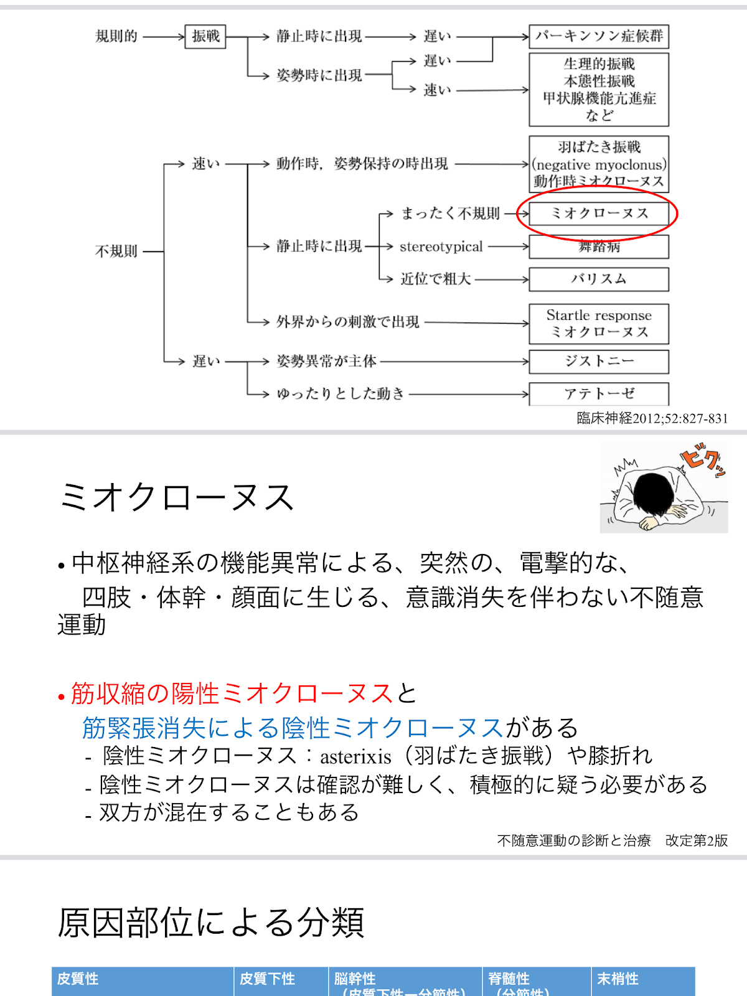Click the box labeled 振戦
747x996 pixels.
(205, 37)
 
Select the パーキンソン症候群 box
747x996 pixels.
(599, 37)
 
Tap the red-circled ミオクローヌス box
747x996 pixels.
(599, 214)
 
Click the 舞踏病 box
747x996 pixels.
(599, 247)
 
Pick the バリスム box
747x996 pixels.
(599, 279)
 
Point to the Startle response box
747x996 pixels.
(599, 324)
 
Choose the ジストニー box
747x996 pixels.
(599, 361)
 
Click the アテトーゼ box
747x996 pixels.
(599, 393)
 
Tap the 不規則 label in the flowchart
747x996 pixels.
(116, 251)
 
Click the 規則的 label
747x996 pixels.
(116, 37)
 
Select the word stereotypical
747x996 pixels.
(441, 247)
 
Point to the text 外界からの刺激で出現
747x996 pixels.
(348, 322)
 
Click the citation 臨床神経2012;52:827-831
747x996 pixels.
(652, 418)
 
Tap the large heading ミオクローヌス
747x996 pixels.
(176, 498)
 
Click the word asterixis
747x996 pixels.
(355, 756)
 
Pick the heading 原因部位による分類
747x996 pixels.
(211, 922)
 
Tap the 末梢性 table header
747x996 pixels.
(618, 979)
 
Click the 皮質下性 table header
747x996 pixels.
(267, 979)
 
